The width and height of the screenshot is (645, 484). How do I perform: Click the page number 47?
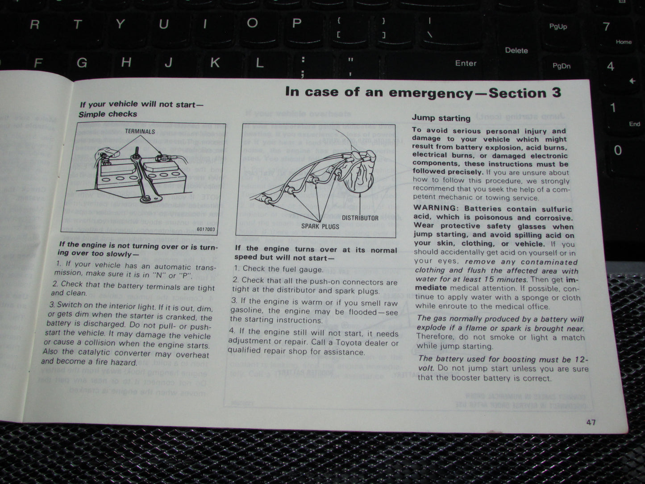pyautogui.click(x=591, y=422)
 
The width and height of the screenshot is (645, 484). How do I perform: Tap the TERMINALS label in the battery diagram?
pyautogui.click(x=140, y=131)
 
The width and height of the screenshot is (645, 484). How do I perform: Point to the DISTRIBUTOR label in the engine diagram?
pyautogui.click(x=360, y=218)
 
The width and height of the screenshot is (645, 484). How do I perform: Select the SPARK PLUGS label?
pyautogui.click(x=320, y=226)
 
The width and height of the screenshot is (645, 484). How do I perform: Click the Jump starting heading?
pyautogui.click(x=441, y=118)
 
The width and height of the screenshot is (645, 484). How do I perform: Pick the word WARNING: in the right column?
pyautogui.click(x=436, y=209)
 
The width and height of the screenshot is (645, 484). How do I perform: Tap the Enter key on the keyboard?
pyautogui.click(x=466, y=63)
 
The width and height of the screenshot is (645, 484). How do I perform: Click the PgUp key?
pyautogui.click(x=558, y=27)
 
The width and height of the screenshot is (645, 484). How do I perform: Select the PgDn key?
pyautogui.click(x=562, y=66)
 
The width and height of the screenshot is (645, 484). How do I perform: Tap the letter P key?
pyautogui.click(x=296, y=23)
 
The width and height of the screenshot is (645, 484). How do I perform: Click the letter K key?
pyautogui.click(x=215, y=63)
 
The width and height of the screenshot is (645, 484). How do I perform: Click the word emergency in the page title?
pyautogui.click(x=430, y=92)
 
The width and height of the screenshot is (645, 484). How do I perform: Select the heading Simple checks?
pyautogui.click(x=108, y=114)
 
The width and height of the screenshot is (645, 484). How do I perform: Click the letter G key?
pyautogui.click(x=82, y=63)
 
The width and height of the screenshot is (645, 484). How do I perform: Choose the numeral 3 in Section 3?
pyautogui.click(x=556, y=93)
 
